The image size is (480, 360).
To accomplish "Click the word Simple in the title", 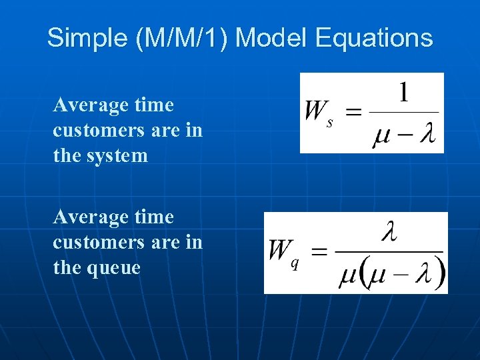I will point(88,38).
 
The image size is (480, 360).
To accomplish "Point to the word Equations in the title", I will point(374,38).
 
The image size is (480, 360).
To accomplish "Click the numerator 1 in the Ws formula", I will point(403,93).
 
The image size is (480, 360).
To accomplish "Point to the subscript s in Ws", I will point(330,123).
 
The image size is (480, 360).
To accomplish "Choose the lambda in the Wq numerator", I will point(389,233).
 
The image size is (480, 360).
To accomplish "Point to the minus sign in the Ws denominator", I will point(405,136).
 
